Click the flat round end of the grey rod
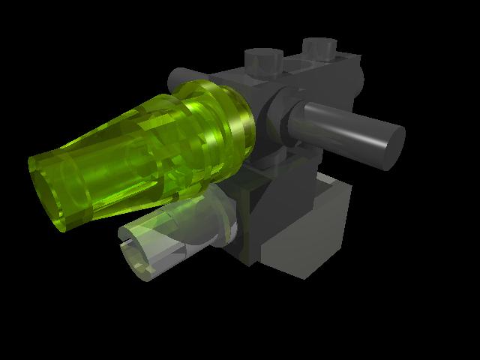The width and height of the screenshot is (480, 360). [391, 148]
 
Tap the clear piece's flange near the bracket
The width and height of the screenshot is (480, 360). [225, 221]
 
